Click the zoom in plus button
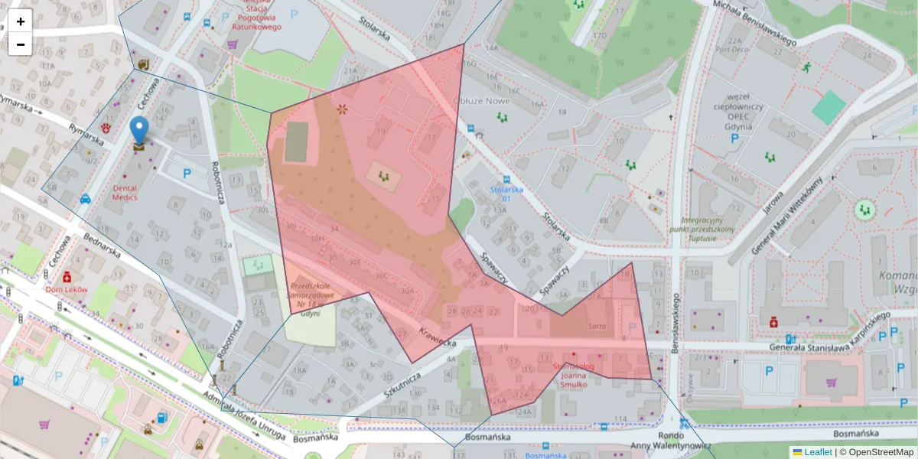(x=21, y=21)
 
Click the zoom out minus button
(x=21, y=44)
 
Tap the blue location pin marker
(x=138, y=131)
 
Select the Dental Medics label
(x=125, y=192)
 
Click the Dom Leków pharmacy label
(x=67, y=290)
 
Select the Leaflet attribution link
(x=817, y=452)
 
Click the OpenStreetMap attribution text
(x=880, y=452)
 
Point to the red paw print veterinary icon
(x=106, y=129)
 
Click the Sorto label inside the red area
(x=597, y=326)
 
